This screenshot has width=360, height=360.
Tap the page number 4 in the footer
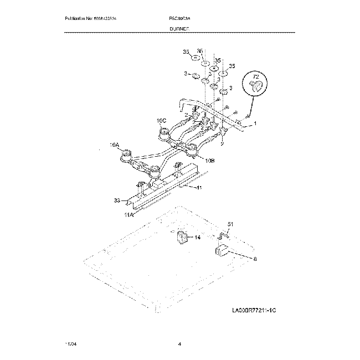click(x=180, y=344)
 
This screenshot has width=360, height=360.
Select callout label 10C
click(x=161, y=120)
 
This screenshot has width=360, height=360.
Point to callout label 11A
click(x=128, y=214)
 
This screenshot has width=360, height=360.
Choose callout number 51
click(x=231, y=224)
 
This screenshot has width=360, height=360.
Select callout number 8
click(x=255, y=259)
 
